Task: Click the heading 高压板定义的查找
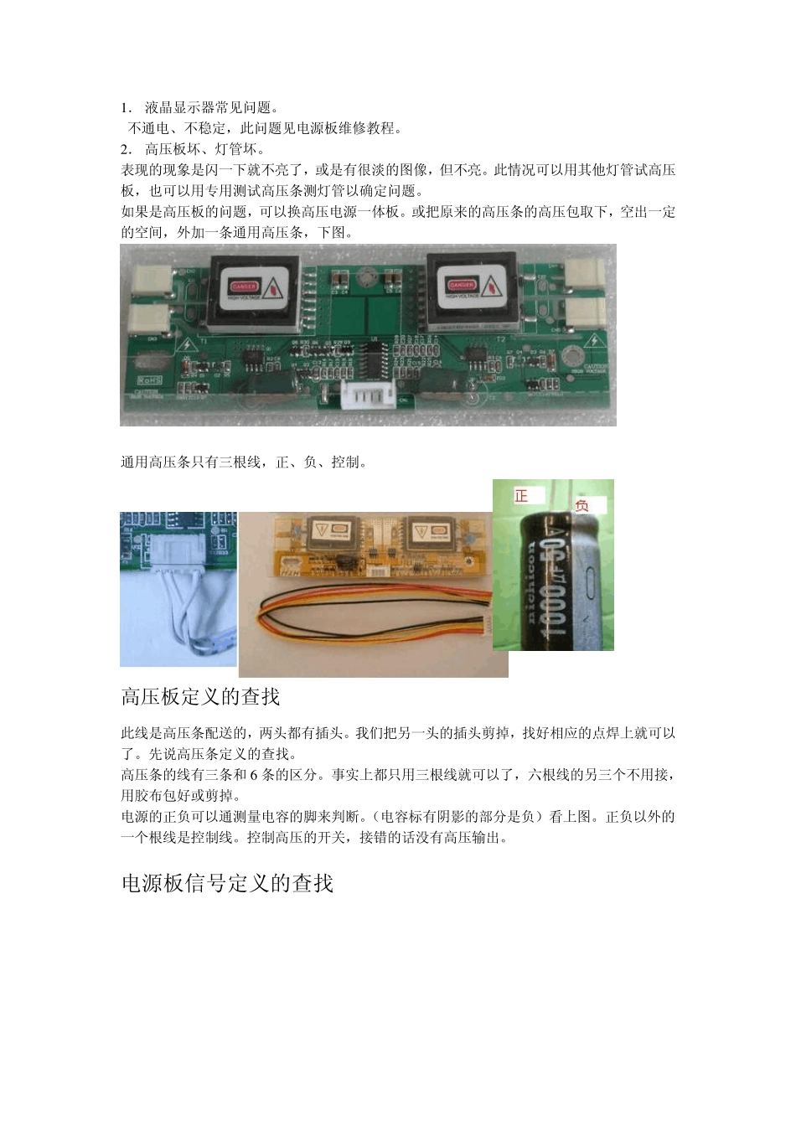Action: point(200,697)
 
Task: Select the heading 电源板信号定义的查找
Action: point(227,884)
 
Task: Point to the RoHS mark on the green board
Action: point(149,380)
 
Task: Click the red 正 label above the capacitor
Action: point(521,496)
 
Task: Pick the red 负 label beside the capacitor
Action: point(581,506)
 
